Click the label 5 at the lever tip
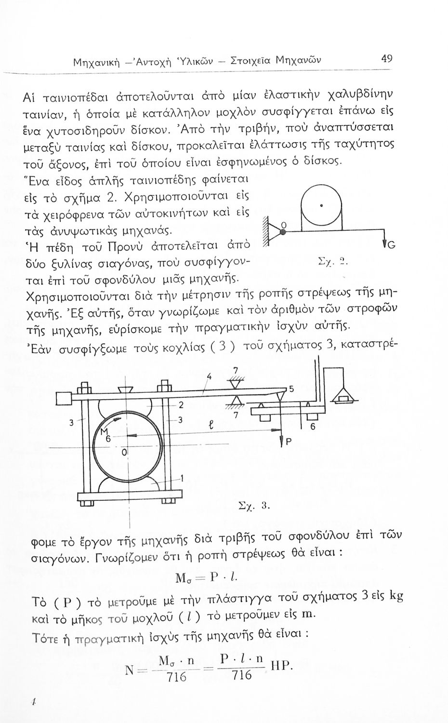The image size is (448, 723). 291,389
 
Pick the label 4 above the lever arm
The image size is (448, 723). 209,375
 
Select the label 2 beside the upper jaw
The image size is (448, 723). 181,404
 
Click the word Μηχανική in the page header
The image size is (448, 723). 97,62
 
